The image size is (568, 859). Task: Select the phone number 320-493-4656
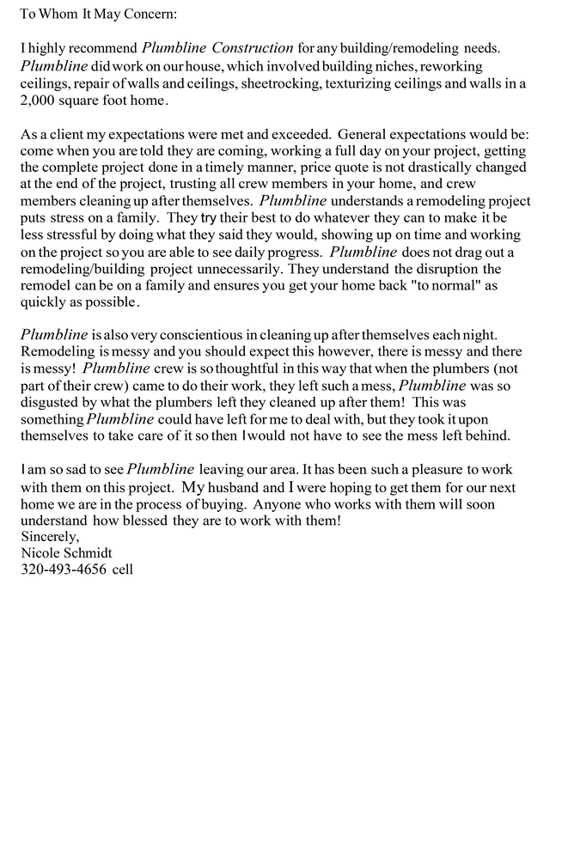63,569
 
